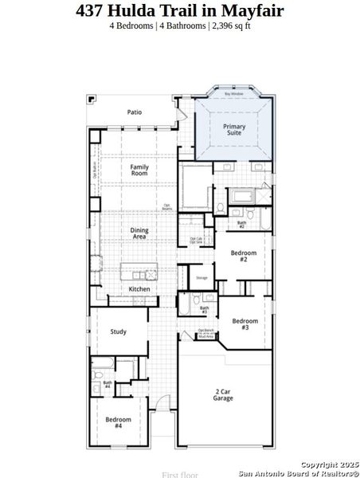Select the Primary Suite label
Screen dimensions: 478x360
234,129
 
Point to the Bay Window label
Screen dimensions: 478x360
233,94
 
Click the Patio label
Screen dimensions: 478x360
135,112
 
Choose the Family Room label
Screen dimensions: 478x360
139,170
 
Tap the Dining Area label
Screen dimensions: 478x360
139,233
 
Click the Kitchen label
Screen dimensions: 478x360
139,288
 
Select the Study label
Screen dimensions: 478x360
119,331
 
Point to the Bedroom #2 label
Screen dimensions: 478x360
244,256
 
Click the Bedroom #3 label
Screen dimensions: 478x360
245,324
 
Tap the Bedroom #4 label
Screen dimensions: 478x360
118,422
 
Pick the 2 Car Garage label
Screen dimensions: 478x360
223,394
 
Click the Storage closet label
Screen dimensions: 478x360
202,278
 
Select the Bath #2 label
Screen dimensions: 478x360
241,225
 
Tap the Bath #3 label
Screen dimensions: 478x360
204,310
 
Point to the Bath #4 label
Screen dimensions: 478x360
107,386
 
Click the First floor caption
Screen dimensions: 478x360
180,474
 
